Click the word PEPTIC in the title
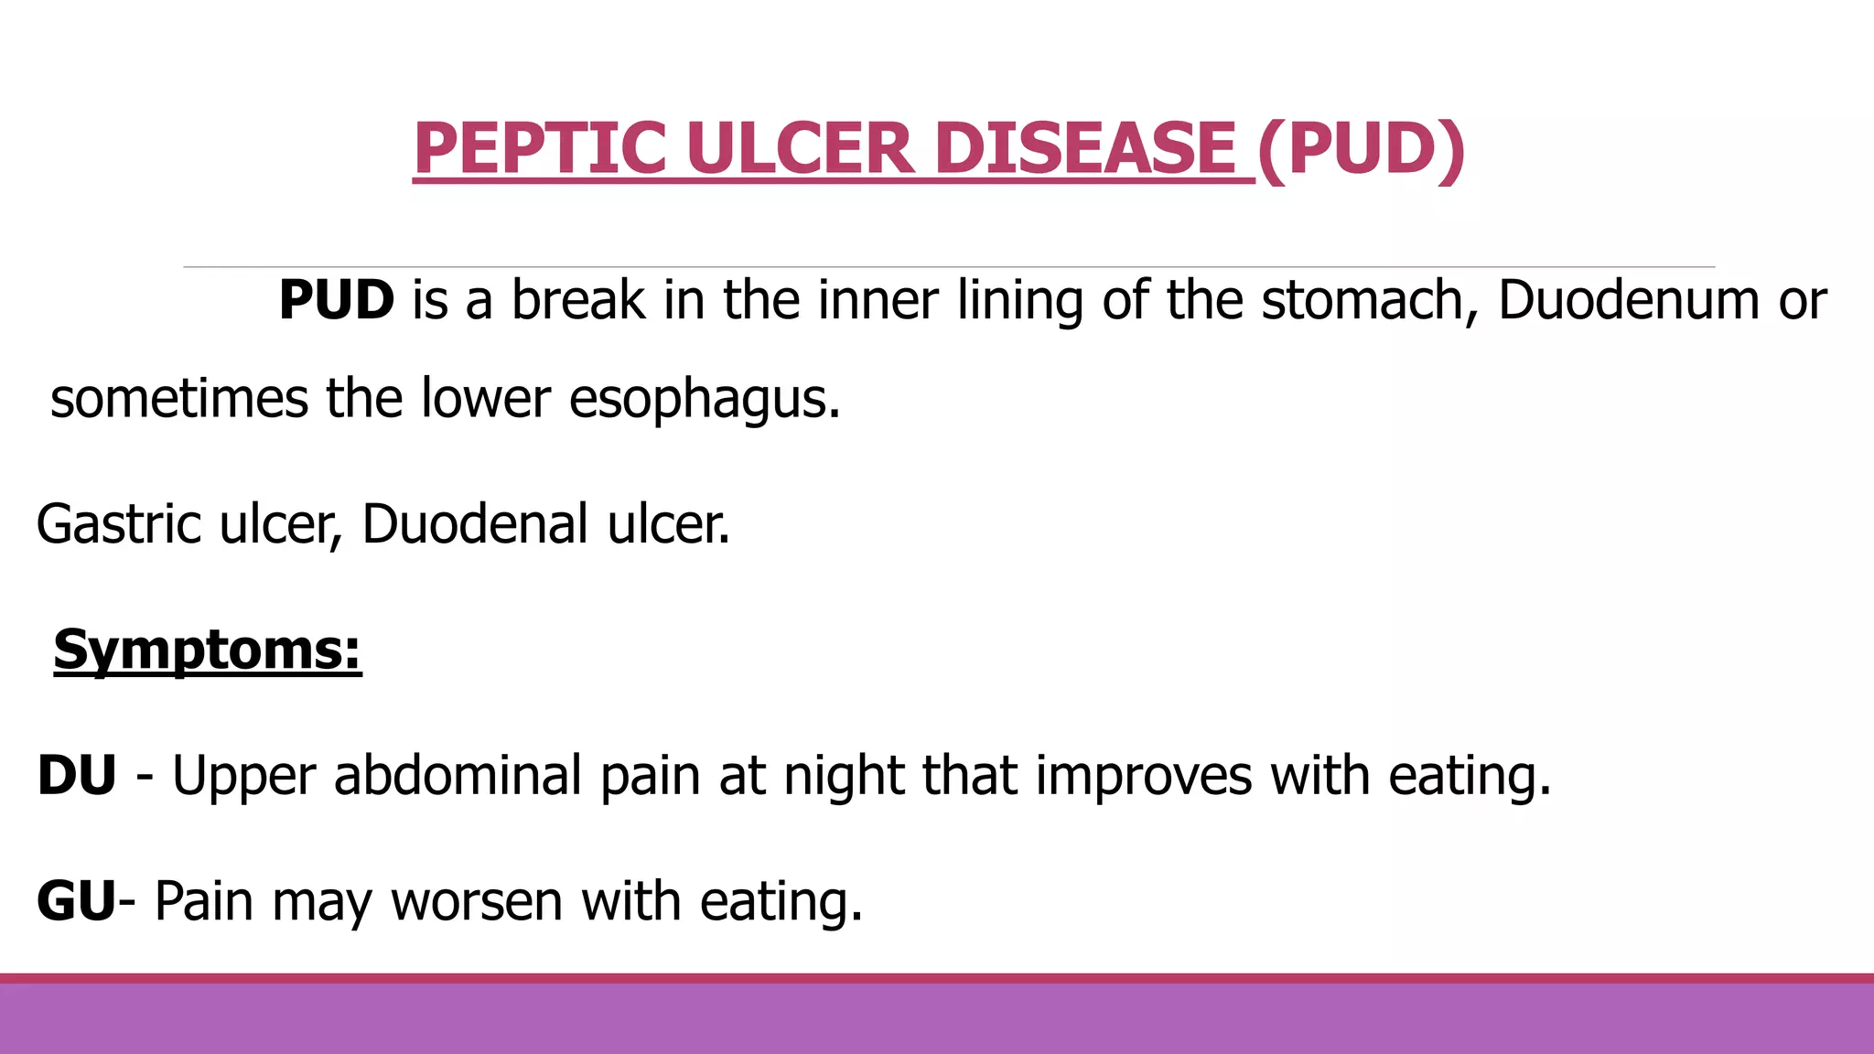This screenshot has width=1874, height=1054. pyautogui.click(x=540, y=148)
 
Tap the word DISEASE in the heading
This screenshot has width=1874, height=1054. pyautogui.click(x=1085, y=148)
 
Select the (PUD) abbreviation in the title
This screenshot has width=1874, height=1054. pyautogui.click(x=1361, y=148)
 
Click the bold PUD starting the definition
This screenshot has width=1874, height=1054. pyautogui.click(x=336, y=300)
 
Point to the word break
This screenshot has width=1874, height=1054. pyautogui.click(x=577, y=300)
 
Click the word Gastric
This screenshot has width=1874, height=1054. pyautogui.click(x=119, y=524)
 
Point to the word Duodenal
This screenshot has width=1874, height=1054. pyautogui.click(x=475, y=524)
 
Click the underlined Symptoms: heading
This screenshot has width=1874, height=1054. pyautogui.click(x=208, y=651)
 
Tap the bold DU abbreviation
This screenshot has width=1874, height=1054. pyautogui.click(x=77, y=776)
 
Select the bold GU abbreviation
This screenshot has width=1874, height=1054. pyautogui.click(x=77, y=901)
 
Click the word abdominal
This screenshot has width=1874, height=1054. pyautogui.click(x=458, y=776)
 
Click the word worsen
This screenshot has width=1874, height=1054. pyautogui.click(x=477, y=901)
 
